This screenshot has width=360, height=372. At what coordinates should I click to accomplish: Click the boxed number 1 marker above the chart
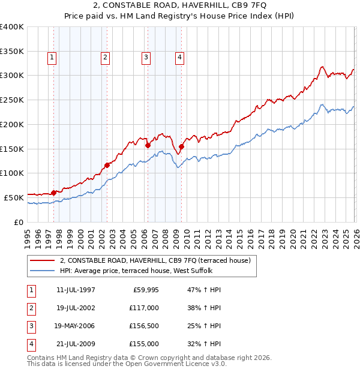click(x=52, y=58)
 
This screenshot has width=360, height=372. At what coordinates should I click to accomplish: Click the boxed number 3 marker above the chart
click(x=146, y=58)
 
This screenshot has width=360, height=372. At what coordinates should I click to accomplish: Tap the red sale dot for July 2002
click(x=107, y=165)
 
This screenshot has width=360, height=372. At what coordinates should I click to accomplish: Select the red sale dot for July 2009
click(x=181, y=146)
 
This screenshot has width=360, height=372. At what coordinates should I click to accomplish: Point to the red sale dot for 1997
click(x=53, y=193)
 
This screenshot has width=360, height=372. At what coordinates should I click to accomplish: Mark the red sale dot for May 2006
click(x=148, y=145)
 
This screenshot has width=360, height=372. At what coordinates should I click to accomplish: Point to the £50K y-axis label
click(x=14, y=197)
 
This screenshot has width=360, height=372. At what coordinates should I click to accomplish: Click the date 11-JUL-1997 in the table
click(x=76, y=290)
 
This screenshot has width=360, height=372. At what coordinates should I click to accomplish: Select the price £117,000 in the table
click(x=144, y=308)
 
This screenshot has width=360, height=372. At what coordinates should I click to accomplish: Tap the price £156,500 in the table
click(x=144, y=326)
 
